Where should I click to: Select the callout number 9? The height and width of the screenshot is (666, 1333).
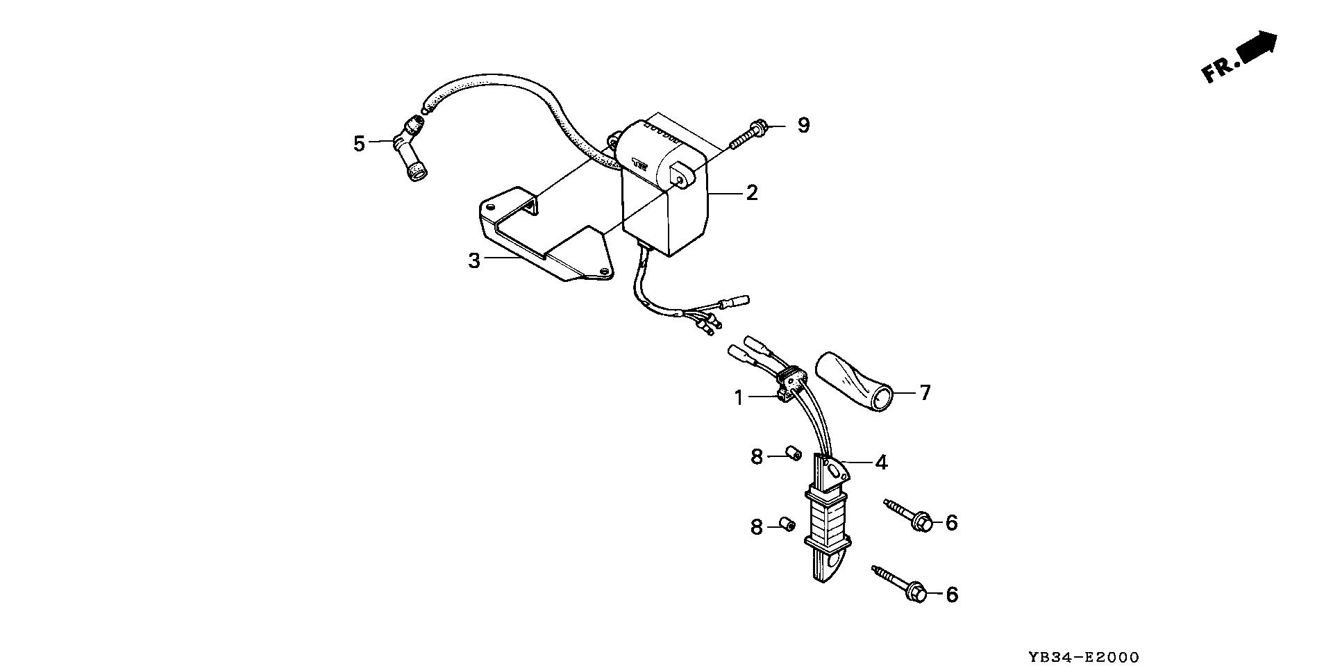point(803,126)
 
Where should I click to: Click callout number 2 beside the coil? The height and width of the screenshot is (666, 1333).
point(752,192)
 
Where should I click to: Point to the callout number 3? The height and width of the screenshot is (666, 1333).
point(474,261)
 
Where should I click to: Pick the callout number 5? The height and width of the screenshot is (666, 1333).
point(359,144)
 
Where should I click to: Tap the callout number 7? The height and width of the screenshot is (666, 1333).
point(925,393)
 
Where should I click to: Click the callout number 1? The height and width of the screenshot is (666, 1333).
point(739,398)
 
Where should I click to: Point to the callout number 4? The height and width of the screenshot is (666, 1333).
point(881,462)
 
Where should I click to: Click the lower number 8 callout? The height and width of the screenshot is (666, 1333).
point(756,527)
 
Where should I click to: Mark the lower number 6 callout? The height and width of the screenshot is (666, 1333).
point(951,594)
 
